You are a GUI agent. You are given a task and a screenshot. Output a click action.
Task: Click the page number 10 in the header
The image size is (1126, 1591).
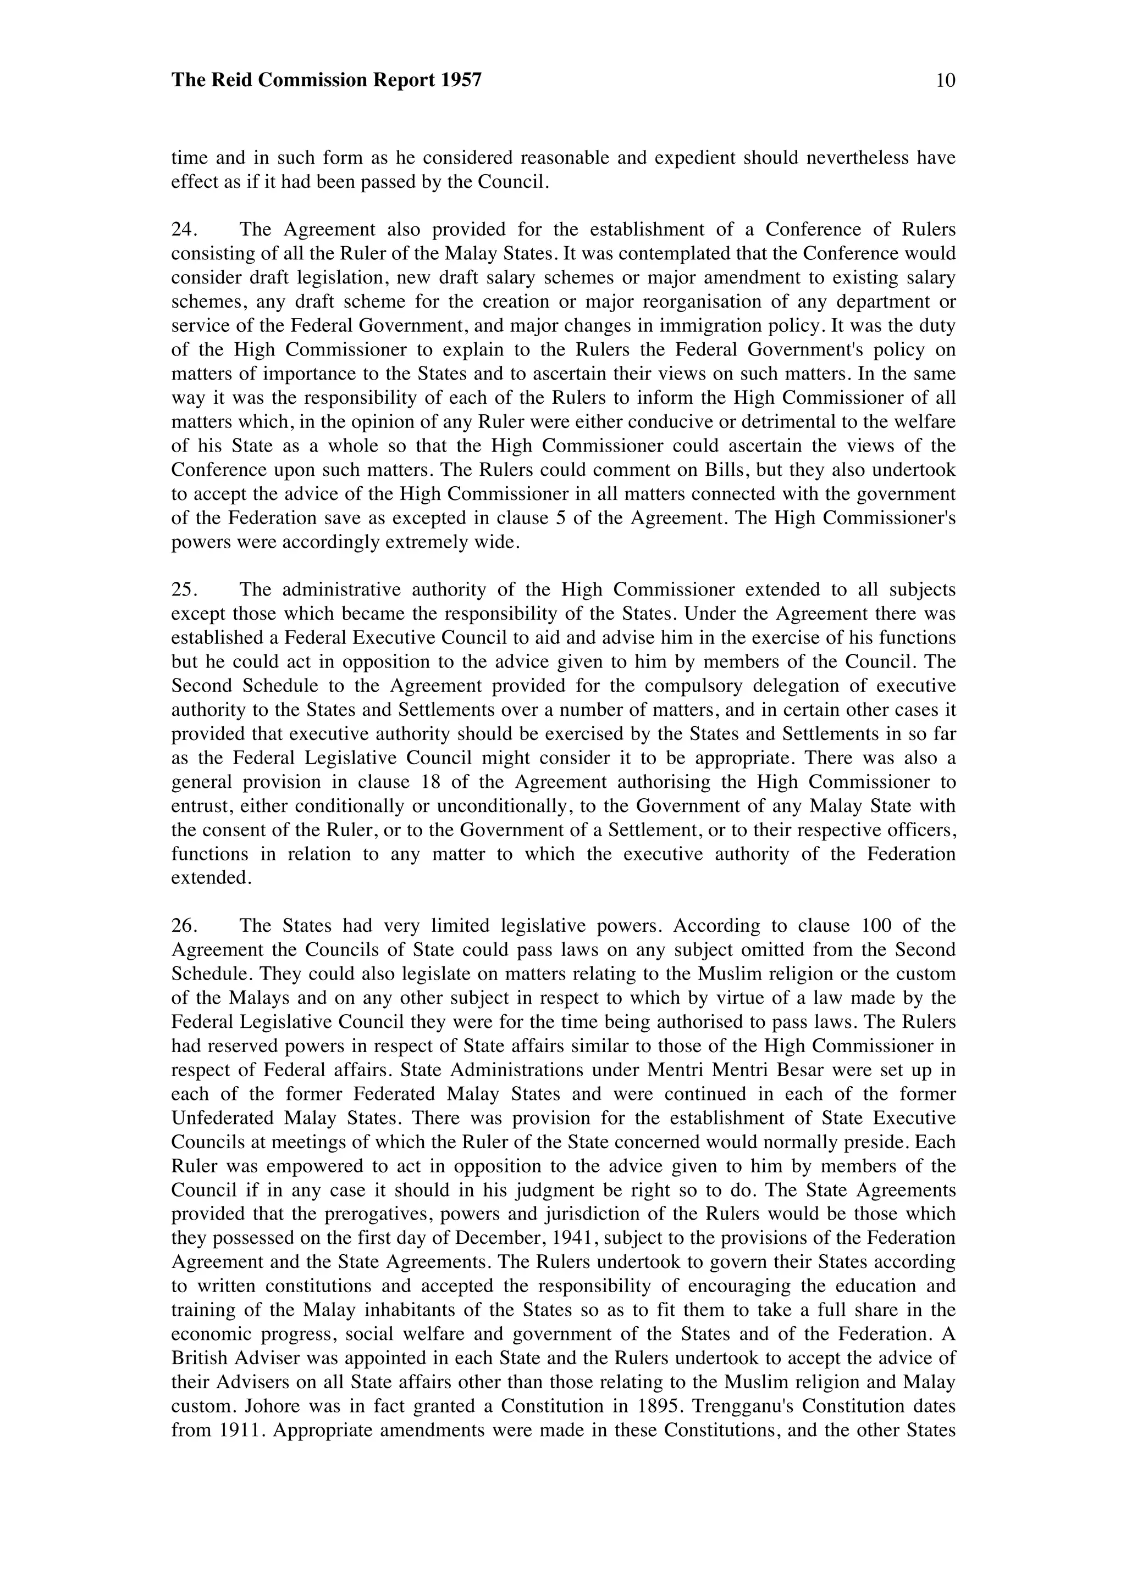click(945, 80)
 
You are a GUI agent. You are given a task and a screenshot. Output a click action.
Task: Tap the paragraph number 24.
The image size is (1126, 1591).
click(183, 229)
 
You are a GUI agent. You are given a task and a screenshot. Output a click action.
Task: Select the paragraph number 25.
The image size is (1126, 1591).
click(183, 589)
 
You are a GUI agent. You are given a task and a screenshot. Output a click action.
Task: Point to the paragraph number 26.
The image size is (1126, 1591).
click(183, 926)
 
